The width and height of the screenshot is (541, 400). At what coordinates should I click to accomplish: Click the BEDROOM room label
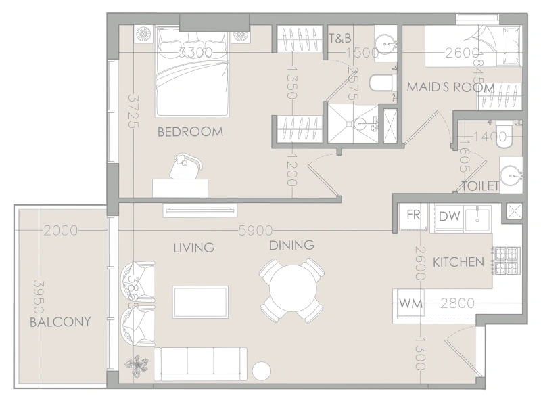tap(189, 132)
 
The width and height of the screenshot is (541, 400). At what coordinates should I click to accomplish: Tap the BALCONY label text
tap(60, 322)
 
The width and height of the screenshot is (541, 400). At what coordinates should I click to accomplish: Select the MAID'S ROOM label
tap(450, 88)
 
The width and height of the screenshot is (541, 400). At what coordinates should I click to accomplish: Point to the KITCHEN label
tap(458, 262)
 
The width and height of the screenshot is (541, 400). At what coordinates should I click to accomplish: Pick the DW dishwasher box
tap(450, 216)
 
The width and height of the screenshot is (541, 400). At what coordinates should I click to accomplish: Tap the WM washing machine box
tap(411, 303)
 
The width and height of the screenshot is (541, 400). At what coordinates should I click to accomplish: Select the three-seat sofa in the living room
tap(201, 363)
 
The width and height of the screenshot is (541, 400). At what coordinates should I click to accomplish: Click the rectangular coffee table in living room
tap(200, 299)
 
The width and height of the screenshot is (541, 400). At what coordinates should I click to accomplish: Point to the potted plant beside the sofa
tap(140, 366)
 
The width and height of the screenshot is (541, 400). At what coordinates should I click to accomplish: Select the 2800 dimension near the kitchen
tap(456, 303)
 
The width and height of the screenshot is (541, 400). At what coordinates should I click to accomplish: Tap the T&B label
tap(339, 38)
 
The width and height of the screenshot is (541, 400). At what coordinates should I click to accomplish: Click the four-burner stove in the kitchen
tap(507, 261)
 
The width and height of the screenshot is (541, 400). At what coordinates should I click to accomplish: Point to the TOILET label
tap(480, 185)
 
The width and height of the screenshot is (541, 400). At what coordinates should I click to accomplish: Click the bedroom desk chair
tap(185, 166)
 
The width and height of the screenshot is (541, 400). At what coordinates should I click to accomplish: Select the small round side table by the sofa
tap(262, 371)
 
